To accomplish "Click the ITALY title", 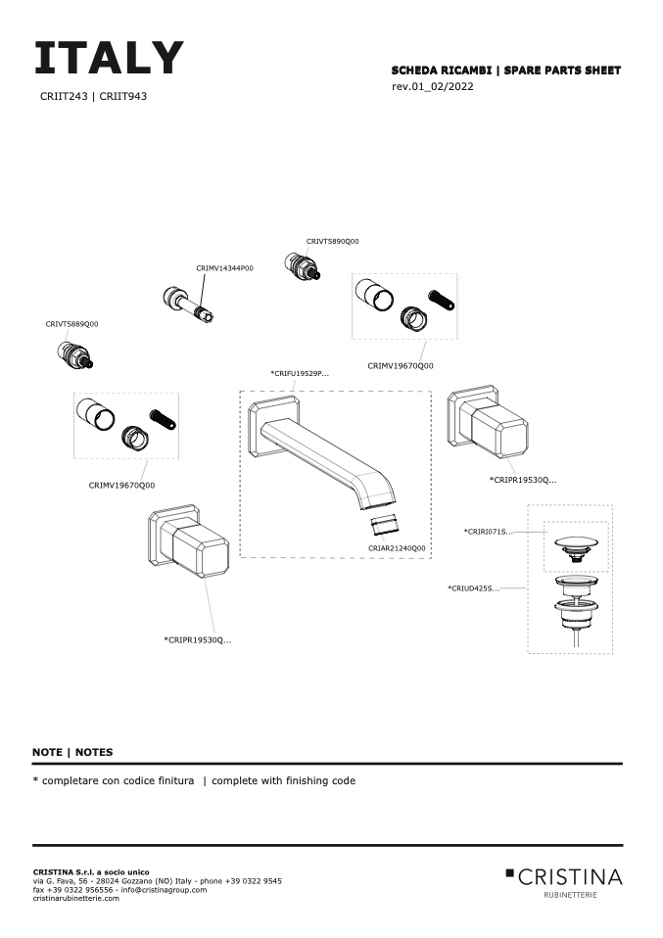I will pyautogui.click(x=109, y=59).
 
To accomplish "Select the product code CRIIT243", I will pyautogui.click(x=64, y=97).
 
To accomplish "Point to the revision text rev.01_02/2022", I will pyautogui.click(x=433, y=86).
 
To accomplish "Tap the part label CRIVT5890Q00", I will pyautogui.click(x=332, y=240).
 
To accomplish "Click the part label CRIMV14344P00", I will pyautogui.click(x=224, y=267).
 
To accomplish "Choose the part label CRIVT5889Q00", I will pyautogui.click(x=71, y=323).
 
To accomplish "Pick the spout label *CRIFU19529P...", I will pyautogui.click(x=299, y=373).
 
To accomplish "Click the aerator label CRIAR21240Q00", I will pyautogui.click(x=397, y=548).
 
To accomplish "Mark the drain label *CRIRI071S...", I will pyautogui.click(x=488, y=532).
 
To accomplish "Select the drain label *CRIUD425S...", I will pyautogui.click(x=473, y=588).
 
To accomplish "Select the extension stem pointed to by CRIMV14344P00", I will pyautogui.click(x=190, y=304).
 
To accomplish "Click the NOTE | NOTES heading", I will pyautogui.click(x=72, y=752).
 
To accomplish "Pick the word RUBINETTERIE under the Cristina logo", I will pyautogui.click(x=569, y=895).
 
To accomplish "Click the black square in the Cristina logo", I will pyautogui.click(x=509, y=871).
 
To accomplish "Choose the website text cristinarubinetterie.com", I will pyautogui.click(x=76, y=898).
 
